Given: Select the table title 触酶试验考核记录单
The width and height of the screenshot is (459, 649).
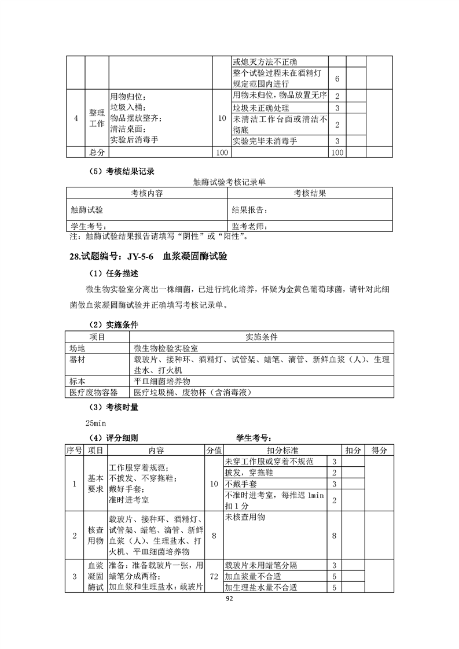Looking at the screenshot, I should [229, 182].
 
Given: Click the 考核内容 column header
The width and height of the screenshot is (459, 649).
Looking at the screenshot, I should [147, 193].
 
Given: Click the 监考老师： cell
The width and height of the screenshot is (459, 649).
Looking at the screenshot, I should [249, 226].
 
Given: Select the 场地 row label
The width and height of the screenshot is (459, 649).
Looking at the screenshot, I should [78, 349].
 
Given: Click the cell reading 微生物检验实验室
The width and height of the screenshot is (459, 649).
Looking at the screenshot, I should [166, 349].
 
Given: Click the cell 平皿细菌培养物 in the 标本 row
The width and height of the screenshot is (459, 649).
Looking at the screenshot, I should [162, 382].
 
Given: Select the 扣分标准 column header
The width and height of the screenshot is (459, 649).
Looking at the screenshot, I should [281, 450].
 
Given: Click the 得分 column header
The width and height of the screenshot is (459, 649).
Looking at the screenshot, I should [379, 450].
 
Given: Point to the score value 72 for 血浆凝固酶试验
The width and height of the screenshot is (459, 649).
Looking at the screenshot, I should [214, 577].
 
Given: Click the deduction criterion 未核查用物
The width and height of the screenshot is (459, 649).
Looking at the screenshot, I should [245, 517].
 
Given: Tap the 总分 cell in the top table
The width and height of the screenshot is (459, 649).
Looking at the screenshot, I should [97, 152].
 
